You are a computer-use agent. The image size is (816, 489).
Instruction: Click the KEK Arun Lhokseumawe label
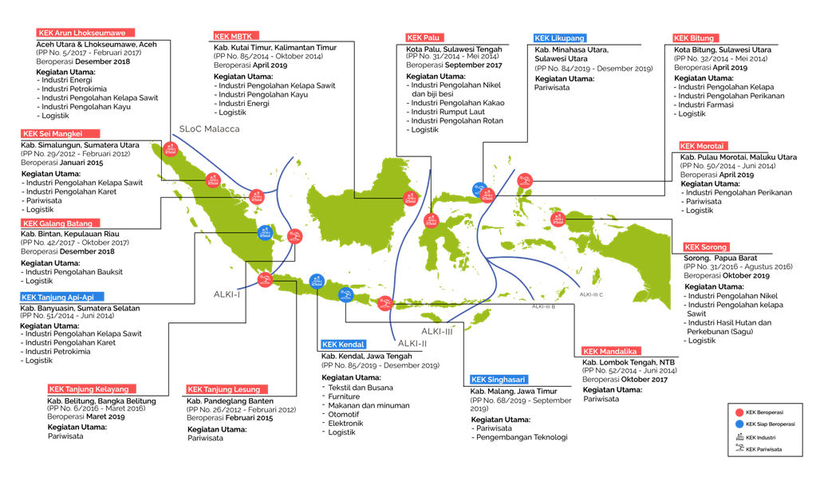[86, 33]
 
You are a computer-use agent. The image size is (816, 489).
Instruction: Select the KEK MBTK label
[236, 36]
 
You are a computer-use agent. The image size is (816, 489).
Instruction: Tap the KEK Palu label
[424, 37]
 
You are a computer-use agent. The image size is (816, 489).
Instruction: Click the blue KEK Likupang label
[559, 37]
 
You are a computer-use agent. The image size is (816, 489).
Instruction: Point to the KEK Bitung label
[696, 37]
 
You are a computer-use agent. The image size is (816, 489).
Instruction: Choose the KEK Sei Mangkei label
[60, 134]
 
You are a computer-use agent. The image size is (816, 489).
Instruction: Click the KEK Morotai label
[704, 146]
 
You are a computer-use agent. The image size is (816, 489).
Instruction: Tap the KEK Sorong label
[706, 247]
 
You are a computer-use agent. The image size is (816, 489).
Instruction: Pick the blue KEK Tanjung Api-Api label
[62, 297]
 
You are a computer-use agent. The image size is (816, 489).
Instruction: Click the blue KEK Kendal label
[343, 345]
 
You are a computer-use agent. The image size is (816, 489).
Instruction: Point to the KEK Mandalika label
[611, 351]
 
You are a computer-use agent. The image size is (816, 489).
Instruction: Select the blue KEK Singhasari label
[499, 380]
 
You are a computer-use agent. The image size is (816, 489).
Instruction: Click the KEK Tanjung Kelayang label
[92, 389]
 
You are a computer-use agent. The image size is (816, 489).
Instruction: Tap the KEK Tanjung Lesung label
[227, 389]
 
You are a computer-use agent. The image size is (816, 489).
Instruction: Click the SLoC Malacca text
[209, 128]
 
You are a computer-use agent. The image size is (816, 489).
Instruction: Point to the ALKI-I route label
[227, 294]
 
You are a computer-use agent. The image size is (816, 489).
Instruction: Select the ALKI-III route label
[437, 331]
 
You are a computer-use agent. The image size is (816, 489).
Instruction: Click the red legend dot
[739, 412]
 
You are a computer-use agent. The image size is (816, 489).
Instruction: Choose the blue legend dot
[739, 424]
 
